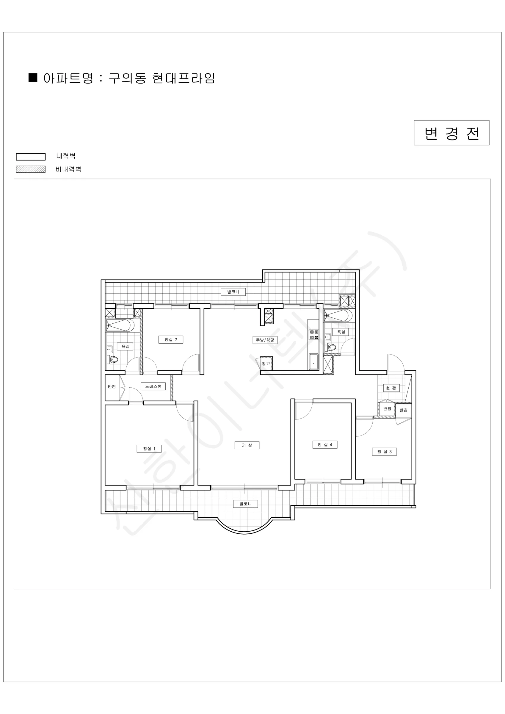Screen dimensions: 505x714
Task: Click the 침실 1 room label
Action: coord(149,449)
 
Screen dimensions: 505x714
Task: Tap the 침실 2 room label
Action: coord(171,339)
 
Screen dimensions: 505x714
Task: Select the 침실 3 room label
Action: coord(384,452)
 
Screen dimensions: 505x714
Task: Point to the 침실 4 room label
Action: coord(325,445)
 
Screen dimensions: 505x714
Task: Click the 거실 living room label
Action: coord(247,445)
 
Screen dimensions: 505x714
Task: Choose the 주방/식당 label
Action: coord(265,340)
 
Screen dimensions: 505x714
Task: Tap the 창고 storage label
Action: coord(266,364)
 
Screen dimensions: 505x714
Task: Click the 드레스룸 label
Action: coord(153,386)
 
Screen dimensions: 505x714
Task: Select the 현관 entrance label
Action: coord(391,388)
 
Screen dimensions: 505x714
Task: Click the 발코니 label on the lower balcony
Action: coord(245,504)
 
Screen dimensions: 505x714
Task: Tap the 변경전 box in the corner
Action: coord(451,133)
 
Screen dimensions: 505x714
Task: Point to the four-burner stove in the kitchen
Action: coord(314,335)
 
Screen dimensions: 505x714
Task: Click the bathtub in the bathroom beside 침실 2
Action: coord(120,325)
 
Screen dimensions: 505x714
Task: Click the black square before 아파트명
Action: coord(33,77)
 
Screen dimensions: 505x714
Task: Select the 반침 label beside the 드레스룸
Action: coord(112,386)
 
